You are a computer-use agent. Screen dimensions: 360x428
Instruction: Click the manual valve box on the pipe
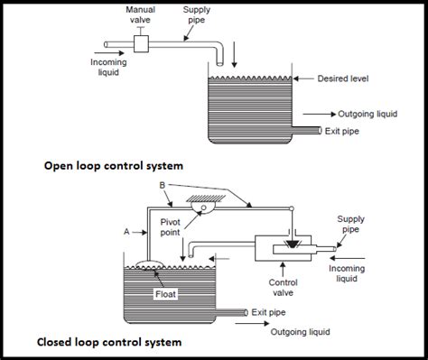tap(141, 44)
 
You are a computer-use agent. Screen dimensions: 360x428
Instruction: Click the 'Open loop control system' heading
tap(112, 167)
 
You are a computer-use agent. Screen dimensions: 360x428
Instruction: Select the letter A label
tap(127, 231)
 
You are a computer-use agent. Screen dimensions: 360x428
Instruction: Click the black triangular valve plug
tap(290, 245)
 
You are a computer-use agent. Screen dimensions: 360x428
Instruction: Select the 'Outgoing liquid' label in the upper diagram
tap(371, 114)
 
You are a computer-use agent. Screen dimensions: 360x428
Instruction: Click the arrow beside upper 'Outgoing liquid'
tap(318, 115)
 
